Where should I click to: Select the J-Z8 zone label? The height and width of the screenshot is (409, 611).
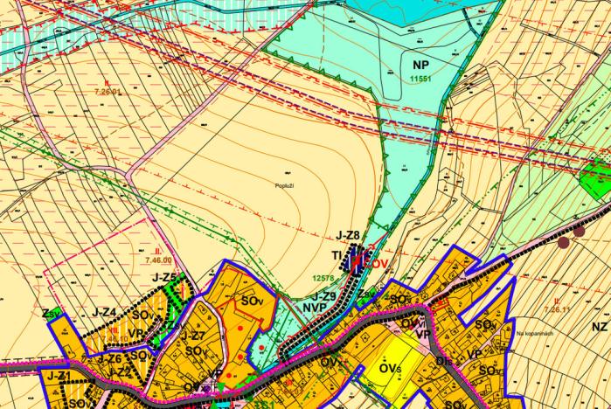click(x=348, y=235)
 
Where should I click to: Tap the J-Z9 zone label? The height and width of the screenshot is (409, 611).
click(x=324, y=296)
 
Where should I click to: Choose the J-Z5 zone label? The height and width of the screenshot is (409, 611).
click(x=163, y=279)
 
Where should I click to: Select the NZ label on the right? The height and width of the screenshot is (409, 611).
click(x=599, y=326)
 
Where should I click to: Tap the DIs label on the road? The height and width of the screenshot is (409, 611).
click(x=444, y=359)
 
